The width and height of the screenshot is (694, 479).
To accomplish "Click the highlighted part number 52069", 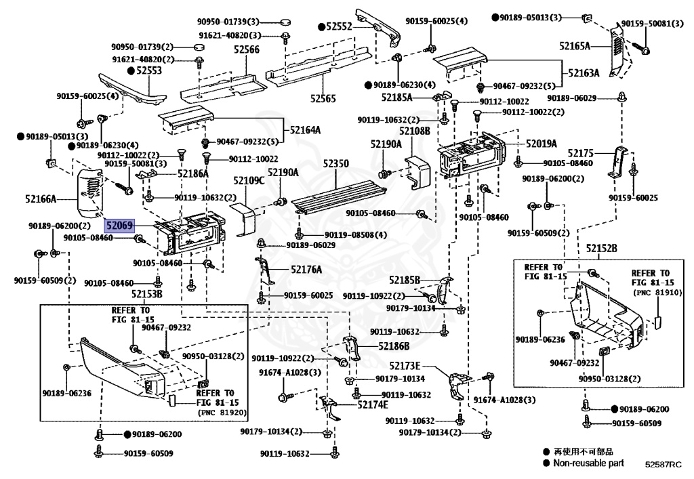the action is click(119, 226).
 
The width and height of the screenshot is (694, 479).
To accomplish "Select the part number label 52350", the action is click(336, 164).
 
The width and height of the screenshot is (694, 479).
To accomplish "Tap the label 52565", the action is click(323, 99).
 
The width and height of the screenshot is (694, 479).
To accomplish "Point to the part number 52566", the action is click(247, 49).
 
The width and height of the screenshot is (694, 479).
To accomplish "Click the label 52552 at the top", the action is click(339, 26).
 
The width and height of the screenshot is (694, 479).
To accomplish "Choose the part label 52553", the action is click(149, 70).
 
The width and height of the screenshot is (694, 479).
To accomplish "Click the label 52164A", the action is click(306, 130).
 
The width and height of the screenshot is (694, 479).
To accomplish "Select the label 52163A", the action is click(584, 73).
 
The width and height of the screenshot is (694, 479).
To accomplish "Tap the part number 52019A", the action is click(542, 144).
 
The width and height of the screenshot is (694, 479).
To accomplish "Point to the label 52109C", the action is click(249, 180).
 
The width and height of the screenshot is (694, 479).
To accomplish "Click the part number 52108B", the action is click(415, 131).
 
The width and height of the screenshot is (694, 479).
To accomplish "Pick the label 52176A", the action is click(307, 270).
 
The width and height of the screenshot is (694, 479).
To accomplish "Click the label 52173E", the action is click(405, 366).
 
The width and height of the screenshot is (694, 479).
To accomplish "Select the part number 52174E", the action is click(373, 404).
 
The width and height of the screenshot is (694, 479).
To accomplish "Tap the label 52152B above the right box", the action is click(602, 249).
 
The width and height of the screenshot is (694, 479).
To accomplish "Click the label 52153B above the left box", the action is click(147, 294).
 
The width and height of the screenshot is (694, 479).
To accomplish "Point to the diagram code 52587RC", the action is click(663, 464).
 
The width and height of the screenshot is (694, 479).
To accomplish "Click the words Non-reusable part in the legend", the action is click(589, 463).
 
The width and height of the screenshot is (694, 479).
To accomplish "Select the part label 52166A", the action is click(41, 199).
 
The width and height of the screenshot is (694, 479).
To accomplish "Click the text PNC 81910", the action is click(657, 293).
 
